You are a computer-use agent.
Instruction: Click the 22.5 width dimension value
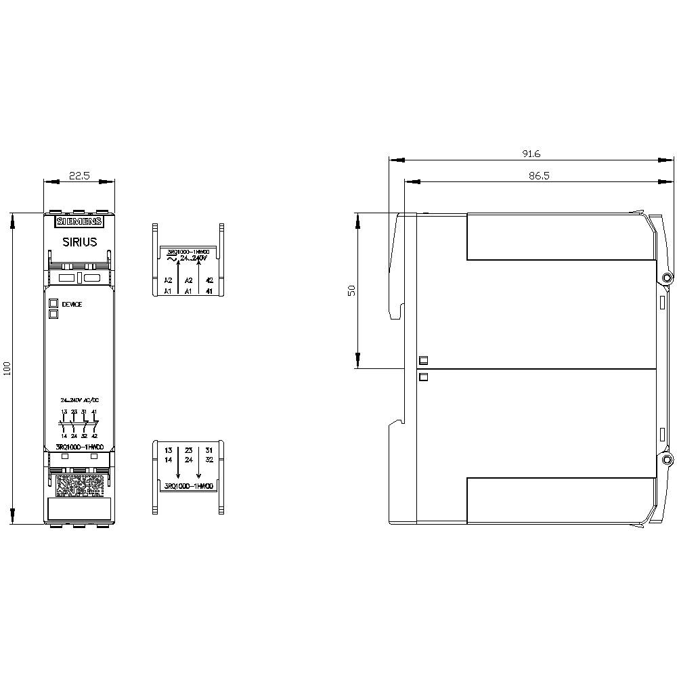pyautogui.click(x=79, y=175)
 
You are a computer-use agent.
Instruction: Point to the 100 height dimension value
pyautogui.click(x=8, y=370)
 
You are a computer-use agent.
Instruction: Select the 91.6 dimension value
pyautogui.click(x=531, y=154)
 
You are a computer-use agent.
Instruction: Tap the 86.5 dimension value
pyautogui.click(x=539, y=175)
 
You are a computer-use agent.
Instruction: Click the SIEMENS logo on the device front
pyautogui.click(x=79, y=221)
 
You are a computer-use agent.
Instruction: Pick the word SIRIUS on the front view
pyautogui.click(x=79, y=242)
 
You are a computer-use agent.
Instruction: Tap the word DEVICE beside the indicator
pyautogui.click(x=71, y=305)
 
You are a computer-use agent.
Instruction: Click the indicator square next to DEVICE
pyautogui.click(x=53, y=304)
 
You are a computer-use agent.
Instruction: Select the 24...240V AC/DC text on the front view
pyautogui.click(x=79, y=400)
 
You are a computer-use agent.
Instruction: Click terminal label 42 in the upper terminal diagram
pyautogui.click(x=209, y=280)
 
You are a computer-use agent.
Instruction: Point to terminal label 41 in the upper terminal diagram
pyautogui.click(x=209, y=291)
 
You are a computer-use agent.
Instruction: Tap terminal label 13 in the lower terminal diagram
pyautogui.click(x=169, y=450)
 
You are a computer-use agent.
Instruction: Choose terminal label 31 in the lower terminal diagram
pyautogui.click(x=209, y=450)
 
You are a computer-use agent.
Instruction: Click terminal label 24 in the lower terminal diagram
pyautogui.click(x=189, y=460)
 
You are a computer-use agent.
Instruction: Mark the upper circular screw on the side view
pyautogui.click(x=667, y=278)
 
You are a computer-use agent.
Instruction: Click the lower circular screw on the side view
pyautogui.click(x=667, y=460)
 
